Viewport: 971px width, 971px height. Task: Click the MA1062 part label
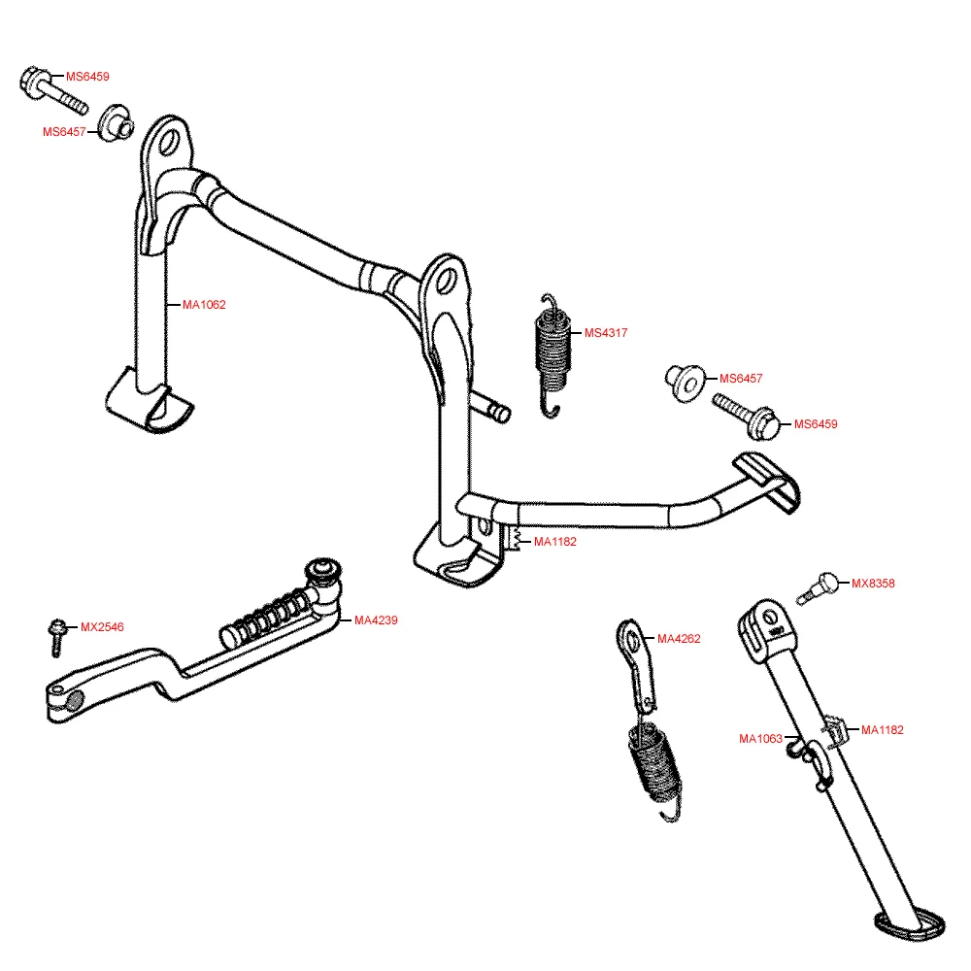point(204,305)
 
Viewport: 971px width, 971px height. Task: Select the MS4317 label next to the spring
point(606,333)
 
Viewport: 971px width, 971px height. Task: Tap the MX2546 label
point(102,627)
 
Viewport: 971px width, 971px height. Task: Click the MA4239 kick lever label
point(376,620)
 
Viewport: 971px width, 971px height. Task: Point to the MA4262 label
point(679,639)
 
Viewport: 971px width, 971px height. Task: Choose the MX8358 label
point(873,584)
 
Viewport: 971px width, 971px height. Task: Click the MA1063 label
point(760,739)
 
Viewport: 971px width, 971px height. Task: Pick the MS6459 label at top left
point(87,76)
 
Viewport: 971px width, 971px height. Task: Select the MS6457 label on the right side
point(741,379)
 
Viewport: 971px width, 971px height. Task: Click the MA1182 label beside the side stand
point(883,730)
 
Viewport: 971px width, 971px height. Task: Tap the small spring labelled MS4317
point(552,350)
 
